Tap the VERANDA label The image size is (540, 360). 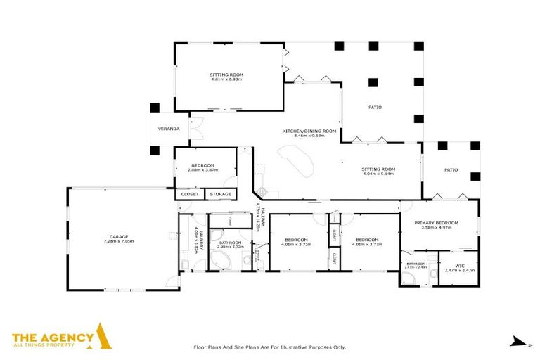click(169, 129)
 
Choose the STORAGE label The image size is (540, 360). click(220, 193)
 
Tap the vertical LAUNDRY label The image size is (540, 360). click(200, 239)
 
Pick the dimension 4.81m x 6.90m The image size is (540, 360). click(226, 79)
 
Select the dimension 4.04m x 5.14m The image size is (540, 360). click(378, 174)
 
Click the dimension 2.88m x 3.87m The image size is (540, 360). click(203, 170)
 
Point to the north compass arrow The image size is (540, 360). click(519, 342)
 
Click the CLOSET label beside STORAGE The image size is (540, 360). click(190, 193)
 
